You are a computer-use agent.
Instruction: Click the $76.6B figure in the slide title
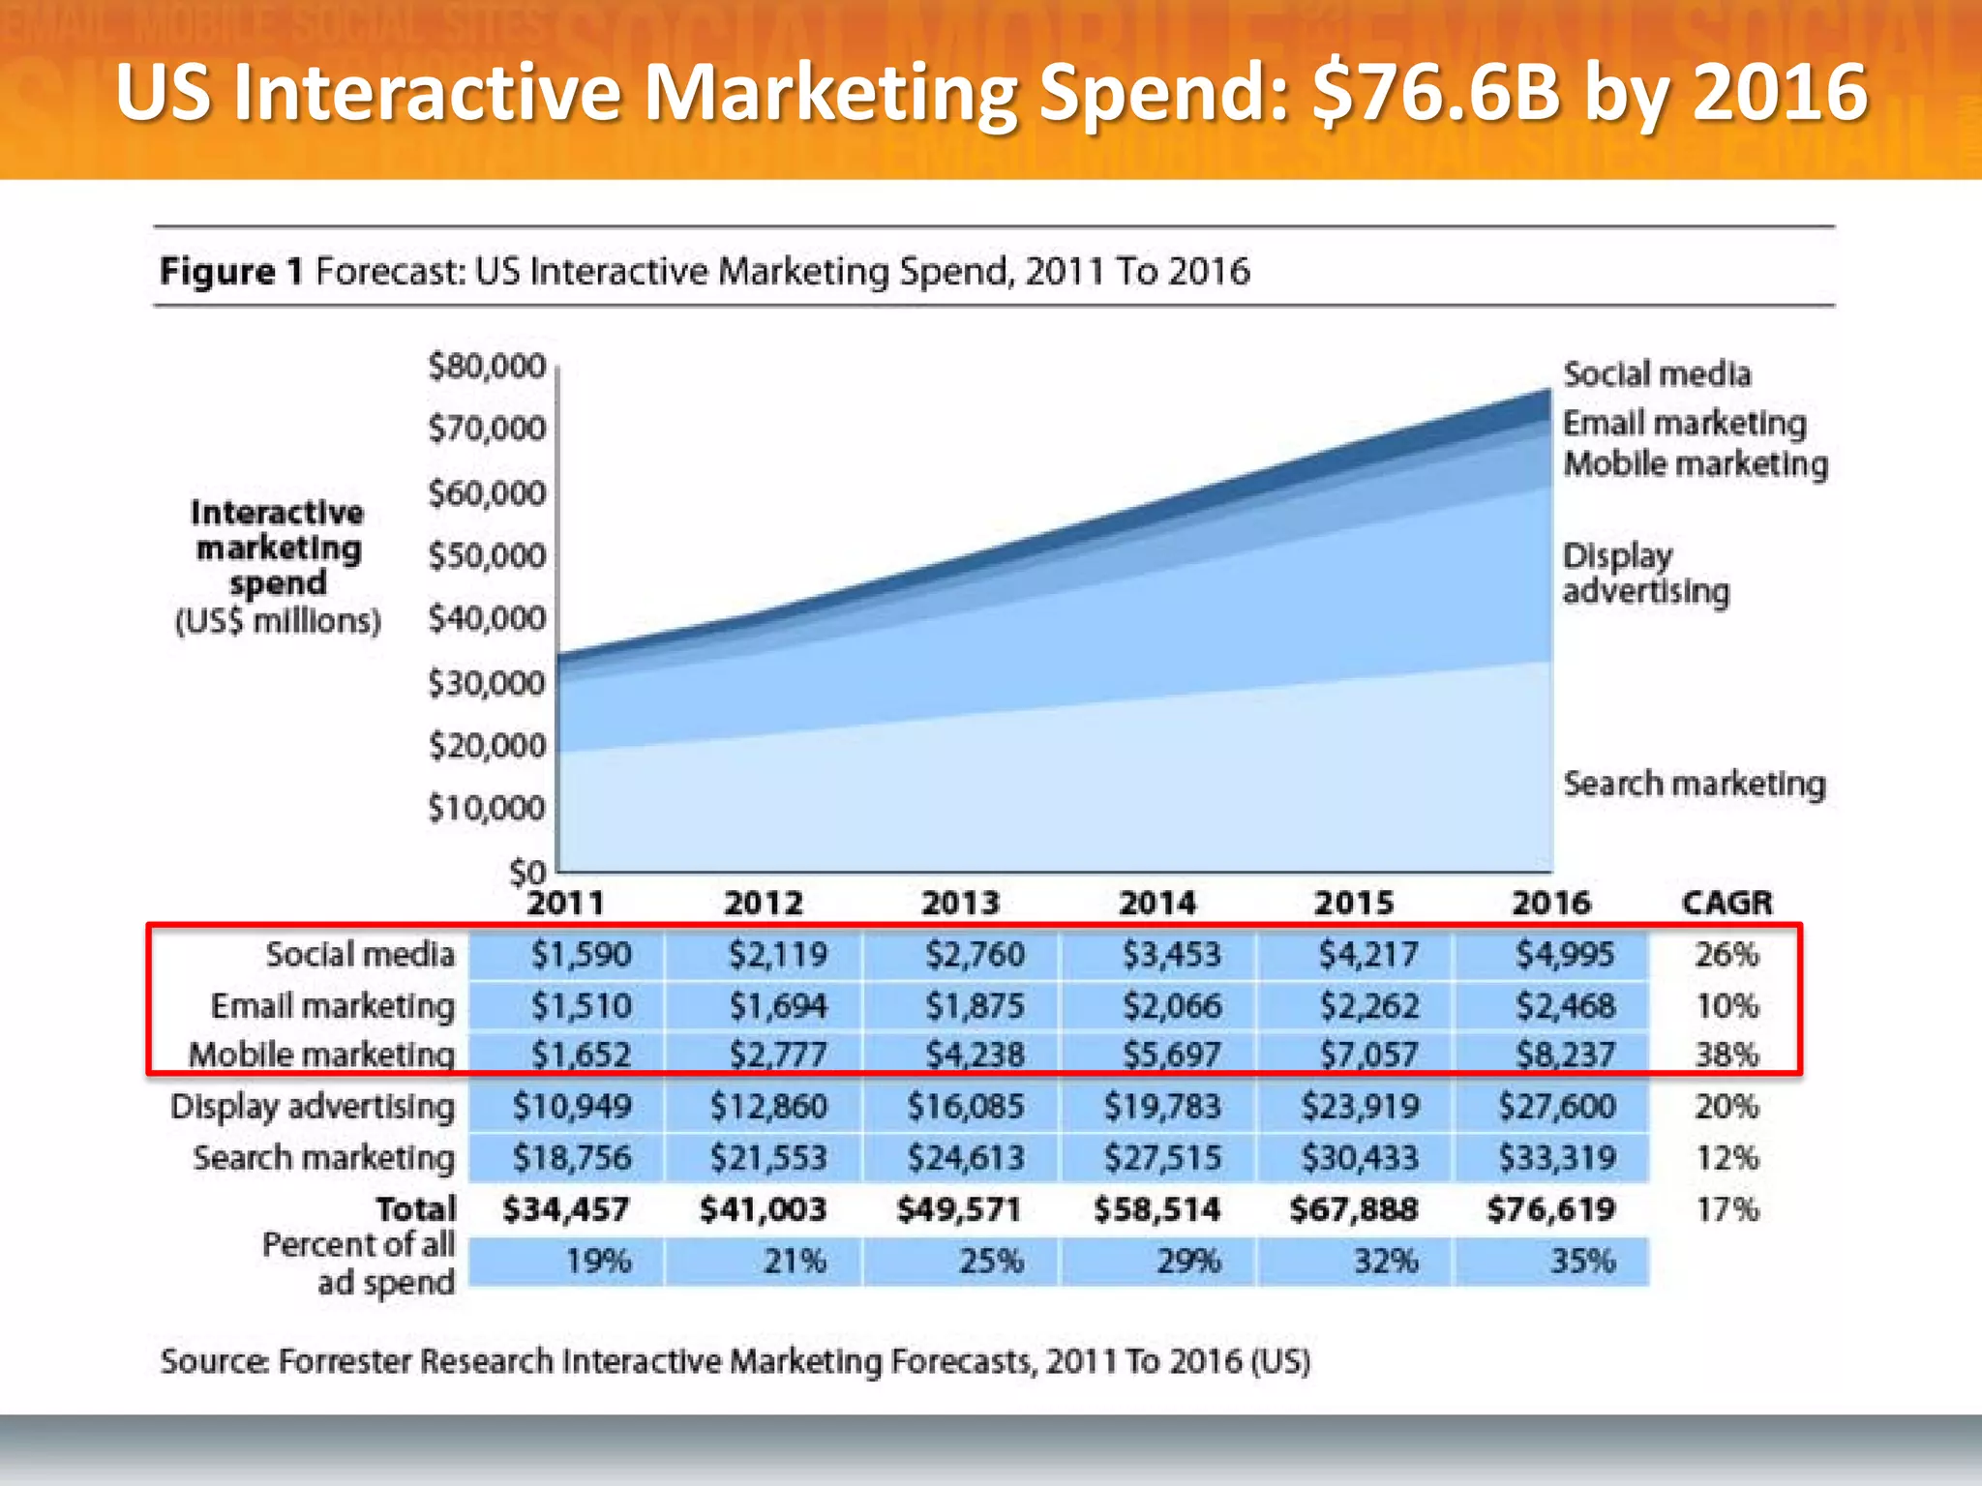pos(1436,92)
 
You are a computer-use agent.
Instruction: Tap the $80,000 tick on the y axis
pos(487,367)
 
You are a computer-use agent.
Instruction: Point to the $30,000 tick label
pos(487,684)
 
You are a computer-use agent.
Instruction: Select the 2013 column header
pos(960,903)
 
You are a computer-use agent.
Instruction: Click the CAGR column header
pos(1727,903)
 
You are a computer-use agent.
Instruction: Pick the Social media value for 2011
pos(581,955)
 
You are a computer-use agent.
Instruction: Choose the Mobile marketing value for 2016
pos(1565,1055)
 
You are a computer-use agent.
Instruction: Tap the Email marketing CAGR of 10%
pos(1727,1006)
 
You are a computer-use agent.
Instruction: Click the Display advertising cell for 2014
pos(1162,1106)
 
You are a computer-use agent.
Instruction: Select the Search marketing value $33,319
pos(1556,1157)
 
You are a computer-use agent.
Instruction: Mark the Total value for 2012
pos(763,1209)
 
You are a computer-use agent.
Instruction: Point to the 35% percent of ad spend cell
pos(1582,1261)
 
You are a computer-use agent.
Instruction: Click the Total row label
pos(415,1209)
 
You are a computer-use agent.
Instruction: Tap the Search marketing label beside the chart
pos(1694,784)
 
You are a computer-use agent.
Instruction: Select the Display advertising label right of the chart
pos(1645,574)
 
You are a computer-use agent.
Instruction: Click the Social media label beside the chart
pos(1657,374)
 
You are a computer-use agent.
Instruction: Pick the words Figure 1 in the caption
pos(231,271)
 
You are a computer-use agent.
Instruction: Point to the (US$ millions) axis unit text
pos(278,621)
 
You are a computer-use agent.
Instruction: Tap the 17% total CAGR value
pos(1727,1209)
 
